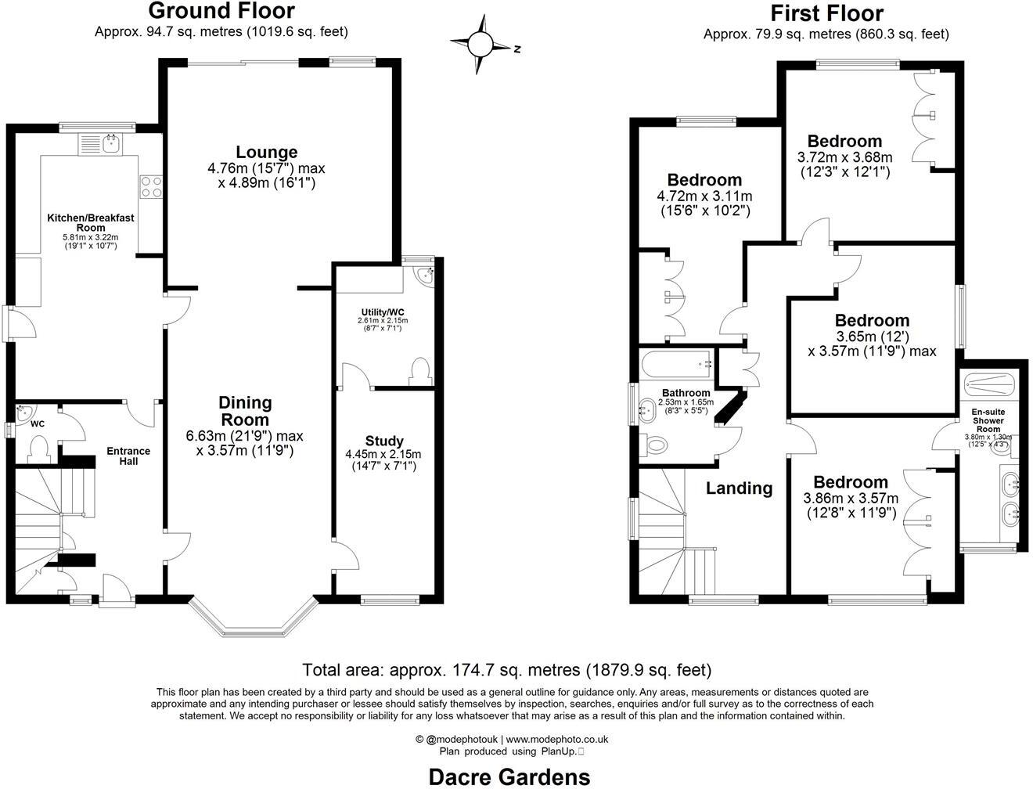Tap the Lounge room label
(x=267, y=152)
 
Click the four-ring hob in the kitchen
(x=151, y=186)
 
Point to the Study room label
(x=384, y=441)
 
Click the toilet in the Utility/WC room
(x=420, y=371)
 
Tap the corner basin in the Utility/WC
(x=425, y=275)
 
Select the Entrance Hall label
(x=128, y=456)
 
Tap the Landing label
(x=739, y=488)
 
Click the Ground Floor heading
(x=221, y=11)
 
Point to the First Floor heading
(x=826, y=13)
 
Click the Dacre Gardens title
(x=509, y=776)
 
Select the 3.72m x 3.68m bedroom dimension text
(x=844, y=157)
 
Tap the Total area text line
(x=507, y=670)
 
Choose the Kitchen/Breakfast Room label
(x=90, y=222)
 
